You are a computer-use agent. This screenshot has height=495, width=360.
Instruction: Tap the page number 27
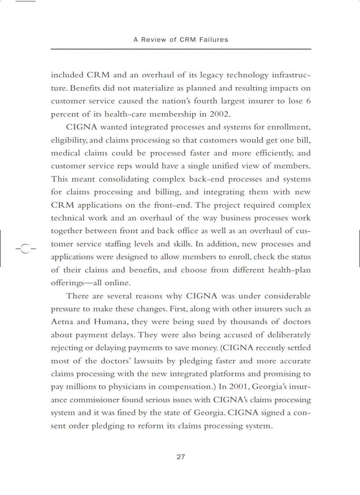[x=180, y=457]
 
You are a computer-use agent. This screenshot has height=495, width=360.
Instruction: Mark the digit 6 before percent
[x=308, y=101]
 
